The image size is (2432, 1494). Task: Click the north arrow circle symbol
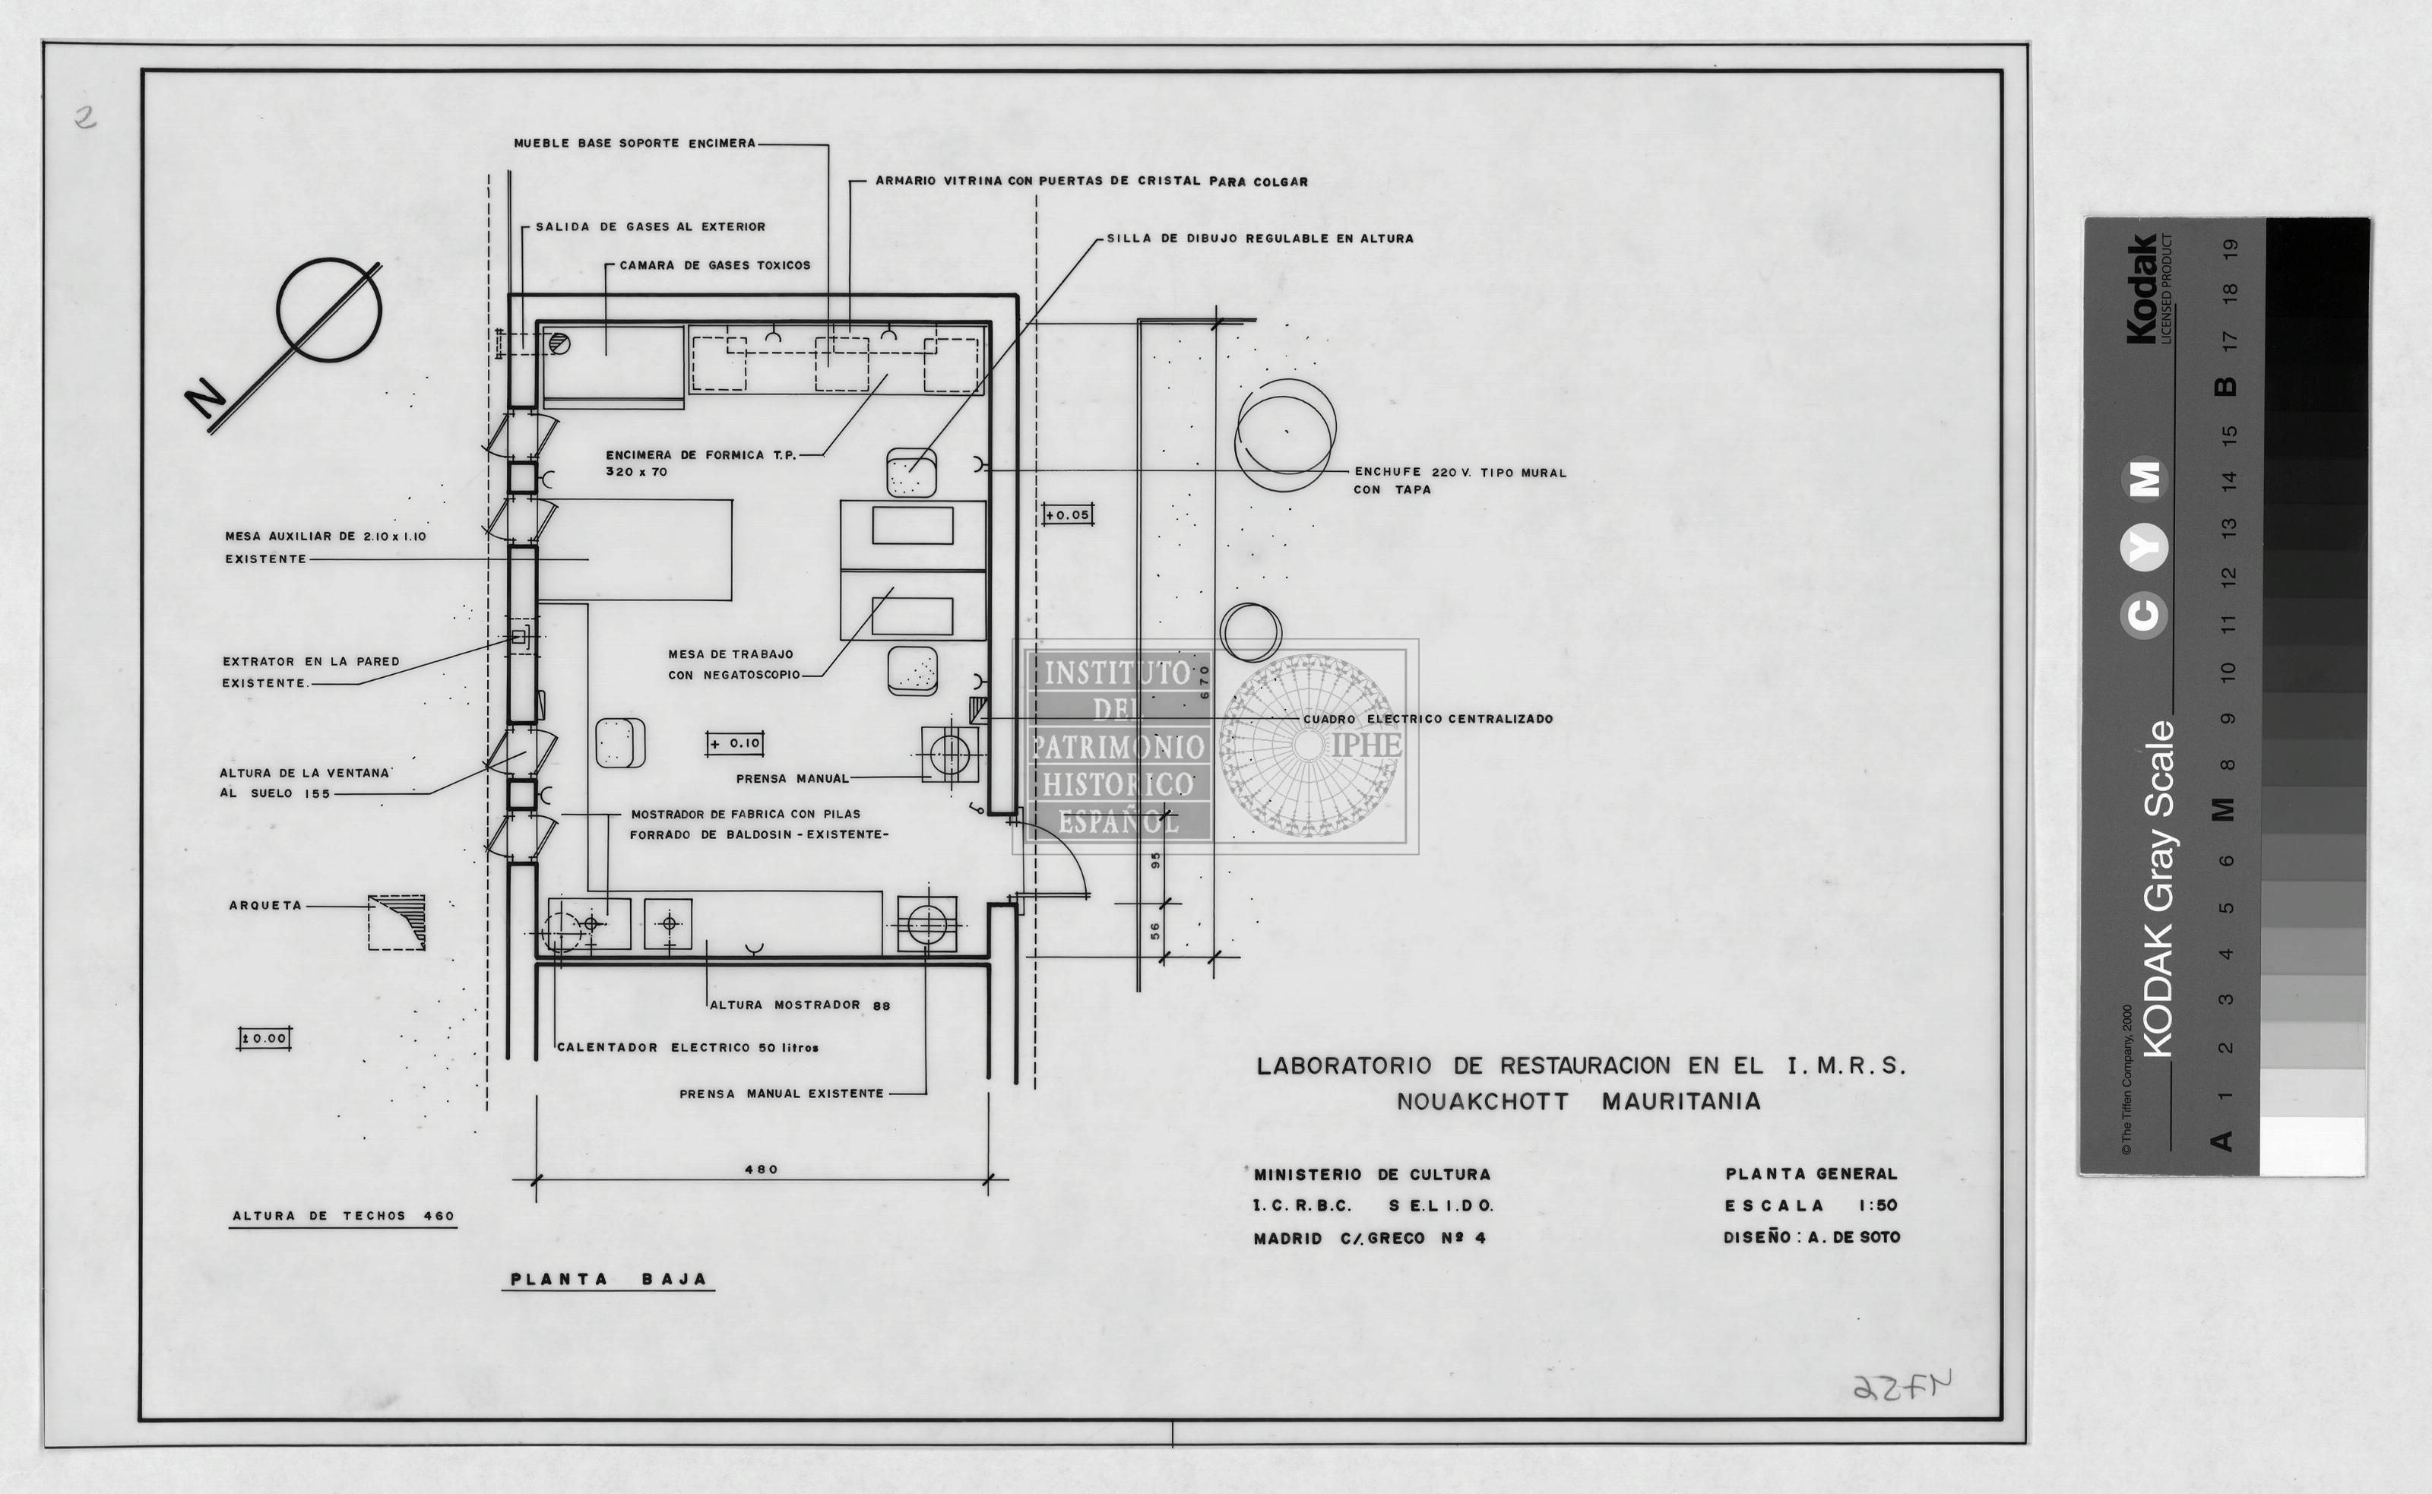(x=279, y=310)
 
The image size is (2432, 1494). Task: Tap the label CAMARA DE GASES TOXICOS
(x=714, y=264)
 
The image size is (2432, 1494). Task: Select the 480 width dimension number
(x=761, y=1169)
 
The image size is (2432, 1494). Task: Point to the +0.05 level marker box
(x=1067, y=514)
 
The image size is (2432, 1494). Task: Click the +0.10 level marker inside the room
(x=735, y=743)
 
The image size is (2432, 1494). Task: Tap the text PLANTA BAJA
(x=609, y=1279)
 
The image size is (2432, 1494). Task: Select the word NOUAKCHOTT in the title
(x=1482, y=1102)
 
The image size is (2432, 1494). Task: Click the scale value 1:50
(x=1878, y=1205)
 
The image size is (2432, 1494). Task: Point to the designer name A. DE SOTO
(x=1854, y=1237)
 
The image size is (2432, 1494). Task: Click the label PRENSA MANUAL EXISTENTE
(x=781, y=1094)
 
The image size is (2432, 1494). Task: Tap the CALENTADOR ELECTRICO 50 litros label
(x=688, y=1047)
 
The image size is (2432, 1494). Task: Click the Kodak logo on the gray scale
(x=2142, y=289)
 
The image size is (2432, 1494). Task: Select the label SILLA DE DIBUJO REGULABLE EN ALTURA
(x=1260, y=238)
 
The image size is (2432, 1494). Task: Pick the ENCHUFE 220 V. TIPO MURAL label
(x=1461, y=473)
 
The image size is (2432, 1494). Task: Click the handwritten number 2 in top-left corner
(x=87, y=119)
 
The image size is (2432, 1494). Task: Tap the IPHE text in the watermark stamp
(x=1366, y=744)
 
